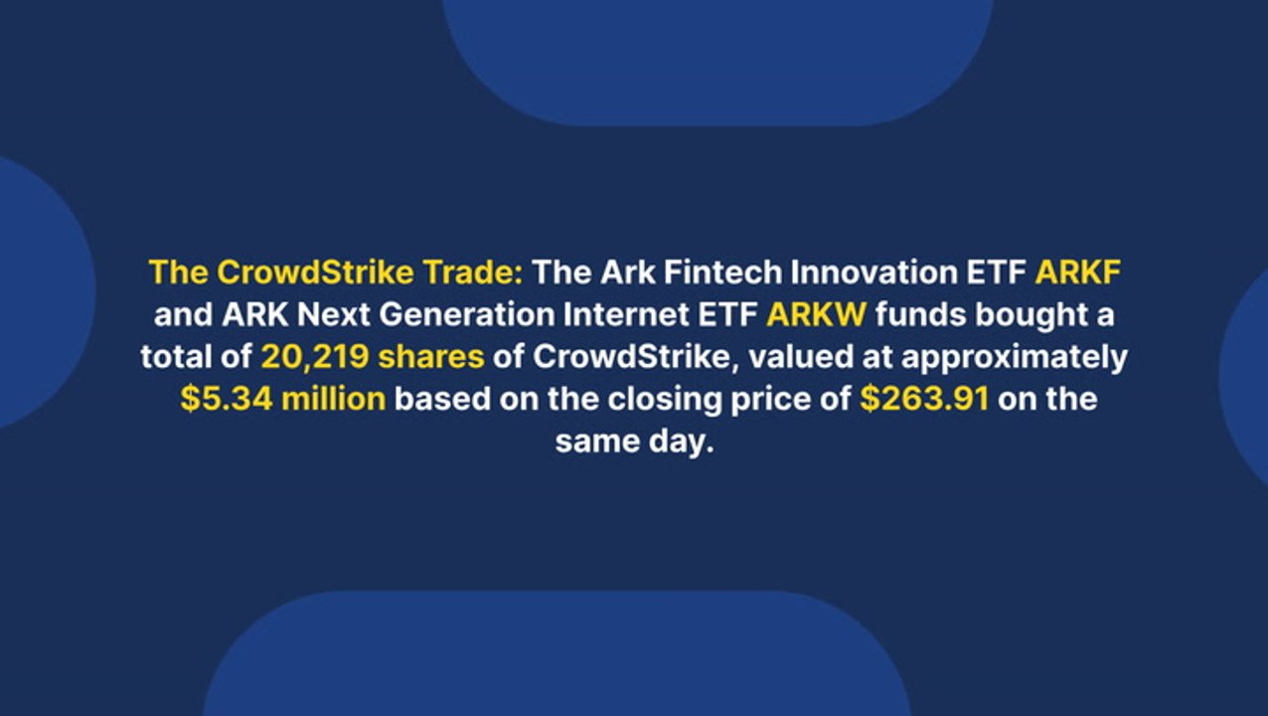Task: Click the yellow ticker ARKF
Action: point(1078,271)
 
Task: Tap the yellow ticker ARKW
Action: point(816,314)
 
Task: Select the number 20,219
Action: point(315,357)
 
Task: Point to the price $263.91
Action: point(924,399)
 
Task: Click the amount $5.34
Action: point(227,399)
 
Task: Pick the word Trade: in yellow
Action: point(473,271)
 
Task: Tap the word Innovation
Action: point(874,271)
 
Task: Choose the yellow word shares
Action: point(430,357)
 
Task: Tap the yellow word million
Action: point(334,399)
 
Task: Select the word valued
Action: point(801,357)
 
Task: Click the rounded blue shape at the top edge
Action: point(717,60)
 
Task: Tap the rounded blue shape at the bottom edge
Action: point(557,653)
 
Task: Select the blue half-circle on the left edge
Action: point(43,292)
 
